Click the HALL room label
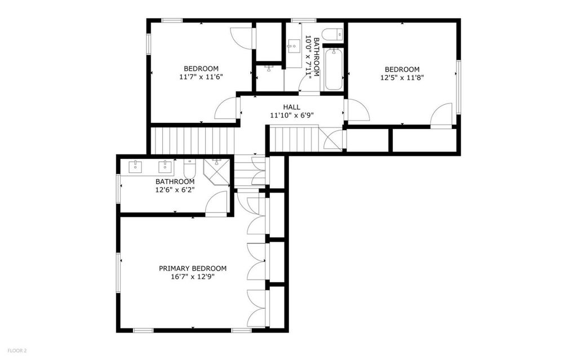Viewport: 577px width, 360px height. (x=291, y=107)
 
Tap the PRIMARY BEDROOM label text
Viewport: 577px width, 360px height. (x=193, y=268)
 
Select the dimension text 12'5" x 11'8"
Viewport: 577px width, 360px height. (x=402, y=78)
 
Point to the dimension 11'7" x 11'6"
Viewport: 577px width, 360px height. (x=201, y=77)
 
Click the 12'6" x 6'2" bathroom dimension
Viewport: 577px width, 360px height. (x=175, y=190)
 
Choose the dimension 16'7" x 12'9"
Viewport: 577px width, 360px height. (x=193, y=277)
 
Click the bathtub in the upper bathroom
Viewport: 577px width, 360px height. (x=334, y=69)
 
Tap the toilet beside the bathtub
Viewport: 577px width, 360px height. (x=332, y=34)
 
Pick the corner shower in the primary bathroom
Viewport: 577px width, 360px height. (x=216, y=171)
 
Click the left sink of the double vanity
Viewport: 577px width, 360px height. (x=136, y=167)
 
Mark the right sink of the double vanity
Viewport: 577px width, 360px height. (x=166, y=167)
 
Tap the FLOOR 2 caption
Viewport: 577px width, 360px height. (x=17, y=351)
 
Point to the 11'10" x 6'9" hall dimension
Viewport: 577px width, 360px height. (x=292, y=115)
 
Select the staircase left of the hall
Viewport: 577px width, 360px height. (x=193, y=140)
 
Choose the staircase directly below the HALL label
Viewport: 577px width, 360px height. (x=294, y=139)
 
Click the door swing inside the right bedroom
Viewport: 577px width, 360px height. (x=441, y=114)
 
